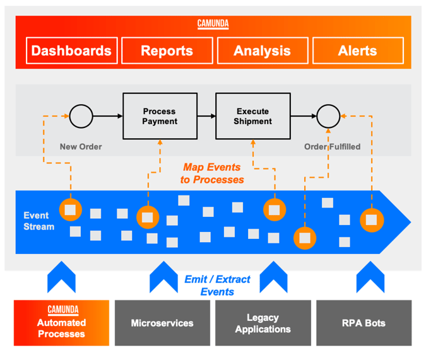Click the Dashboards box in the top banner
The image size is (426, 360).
pos(71,51)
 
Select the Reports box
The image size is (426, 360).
pos(167,51)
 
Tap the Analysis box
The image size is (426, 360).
pos(262,51)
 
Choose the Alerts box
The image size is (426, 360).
pos(357,51)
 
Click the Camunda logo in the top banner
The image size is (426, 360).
pos(213,25)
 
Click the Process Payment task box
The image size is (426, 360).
pos(160,116)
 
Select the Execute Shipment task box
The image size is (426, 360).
pos(253,116)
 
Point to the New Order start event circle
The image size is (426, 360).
pos(81,116)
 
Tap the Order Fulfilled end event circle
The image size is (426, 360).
pos(328,116)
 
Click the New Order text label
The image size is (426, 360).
pos(81,147)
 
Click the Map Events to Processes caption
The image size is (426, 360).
pos(213,173)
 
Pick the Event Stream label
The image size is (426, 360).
pos(39,221)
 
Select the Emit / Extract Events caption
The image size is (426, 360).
pos(217,285)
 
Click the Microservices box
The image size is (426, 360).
pos(162,323)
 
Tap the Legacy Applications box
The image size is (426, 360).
pos(263,323)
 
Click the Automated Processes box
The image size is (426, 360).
pos(61,323)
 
